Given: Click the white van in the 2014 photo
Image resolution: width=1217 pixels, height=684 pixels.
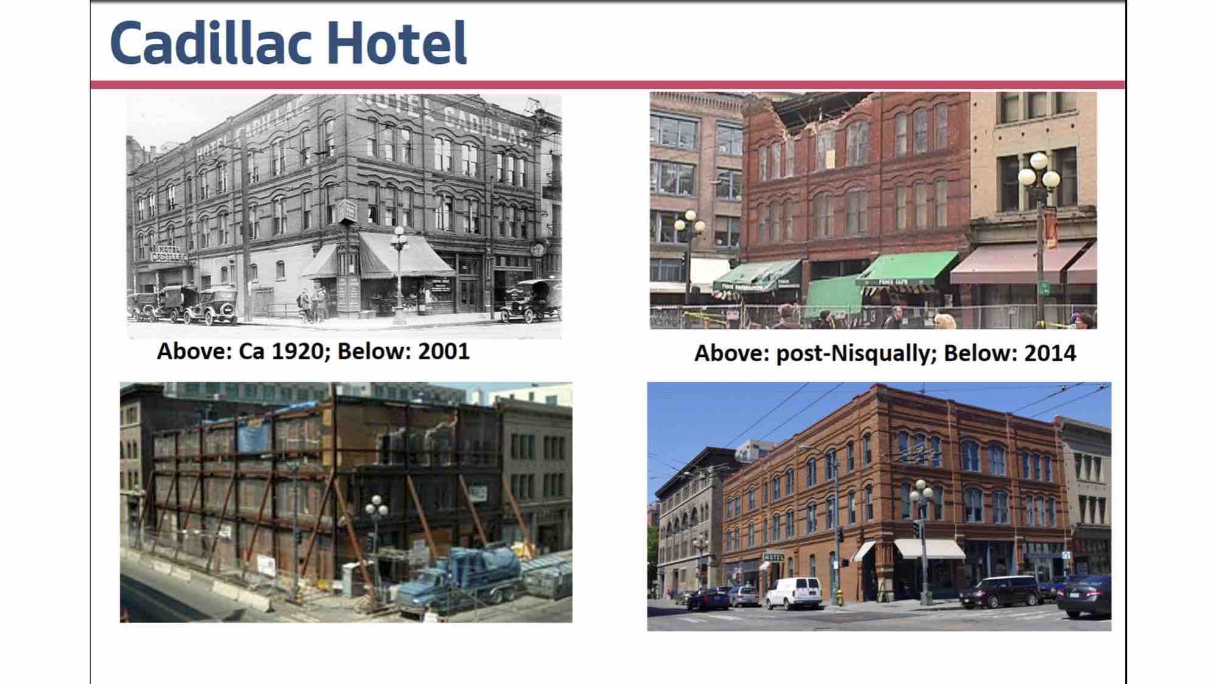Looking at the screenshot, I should [x=793, y=592].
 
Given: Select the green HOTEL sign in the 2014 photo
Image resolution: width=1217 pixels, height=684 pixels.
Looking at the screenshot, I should [x=773, y=557].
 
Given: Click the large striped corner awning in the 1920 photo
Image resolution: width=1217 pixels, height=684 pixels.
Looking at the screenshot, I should [x=405, y=255].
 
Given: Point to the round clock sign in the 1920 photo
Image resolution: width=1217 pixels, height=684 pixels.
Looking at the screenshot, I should [x=537, y=249].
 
